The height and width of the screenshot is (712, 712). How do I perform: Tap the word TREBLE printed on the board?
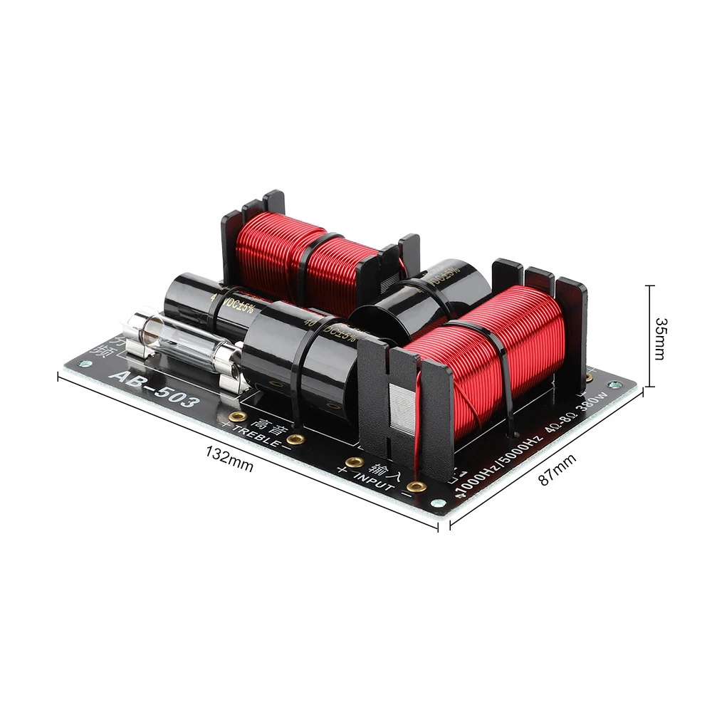click(x=256, y=436)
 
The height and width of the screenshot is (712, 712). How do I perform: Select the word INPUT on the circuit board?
click(x=374, y=482)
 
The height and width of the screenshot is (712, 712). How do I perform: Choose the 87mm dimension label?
click(x=556, y=470)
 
